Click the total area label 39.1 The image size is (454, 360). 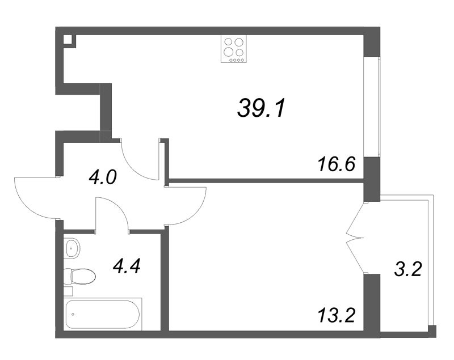(261, 107)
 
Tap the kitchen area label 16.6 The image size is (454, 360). (336, 164)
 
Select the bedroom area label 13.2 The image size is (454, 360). (336, 315)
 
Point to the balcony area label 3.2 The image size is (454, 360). (407, 270)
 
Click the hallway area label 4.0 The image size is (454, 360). (103, 177)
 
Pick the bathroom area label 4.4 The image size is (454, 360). (127, 266)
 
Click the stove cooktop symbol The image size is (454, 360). (234, 49)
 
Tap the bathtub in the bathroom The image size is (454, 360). (103, 314)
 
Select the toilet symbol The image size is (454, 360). (79, 277)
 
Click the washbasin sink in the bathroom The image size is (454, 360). (72, 248)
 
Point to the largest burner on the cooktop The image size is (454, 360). (229, 52)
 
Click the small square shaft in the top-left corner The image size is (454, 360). (68, 39)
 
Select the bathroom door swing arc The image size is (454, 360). (119, 206)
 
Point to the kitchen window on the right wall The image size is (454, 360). (372, 107)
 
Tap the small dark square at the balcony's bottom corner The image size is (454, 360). (432, 332)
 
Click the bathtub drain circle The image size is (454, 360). (73, 314)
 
